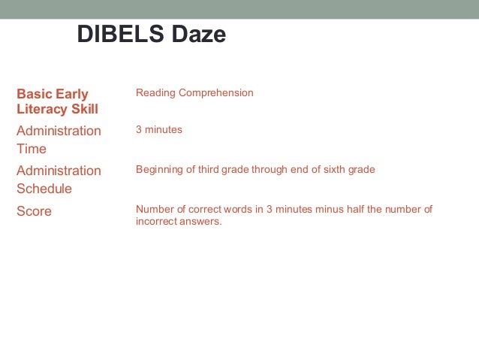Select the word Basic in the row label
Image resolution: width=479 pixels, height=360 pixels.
tap(33, 94)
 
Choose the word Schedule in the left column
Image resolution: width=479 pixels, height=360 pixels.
tap(44, 189)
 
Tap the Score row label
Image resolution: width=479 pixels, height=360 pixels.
tap(34, 211)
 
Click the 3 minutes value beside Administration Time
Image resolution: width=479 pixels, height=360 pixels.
tap(158, 130)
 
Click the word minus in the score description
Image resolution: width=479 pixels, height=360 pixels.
tap(341, 210)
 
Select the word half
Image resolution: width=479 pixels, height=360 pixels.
tap(368, 210)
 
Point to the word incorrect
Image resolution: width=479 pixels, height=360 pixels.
tap(158, 222)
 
